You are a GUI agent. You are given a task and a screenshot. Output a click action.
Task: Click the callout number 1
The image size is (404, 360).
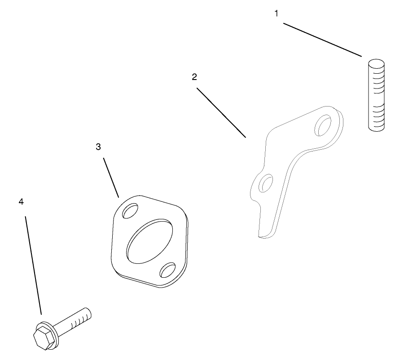(x=276, y=13)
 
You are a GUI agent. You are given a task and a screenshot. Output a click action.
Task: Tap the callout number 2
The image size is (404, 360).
(x=194, y=77)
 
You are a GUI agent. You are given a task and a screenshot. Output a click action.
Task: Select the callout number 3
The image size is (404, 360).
(x=98, y=147)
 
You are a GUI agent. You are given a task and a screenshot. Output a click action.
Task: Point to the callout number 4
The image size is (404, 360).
(x=21, y=202)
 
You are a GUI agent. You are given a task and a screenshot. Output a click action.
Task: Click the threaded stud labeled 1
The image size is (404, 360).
(x=376, y=95)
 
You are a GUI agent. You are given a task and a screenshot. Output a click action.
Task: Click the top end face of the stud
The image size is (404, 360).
(x=376, y=62)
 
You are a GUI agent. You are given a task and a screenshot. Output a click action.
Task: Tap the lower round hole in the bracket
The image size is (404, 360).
(x=266, y=183)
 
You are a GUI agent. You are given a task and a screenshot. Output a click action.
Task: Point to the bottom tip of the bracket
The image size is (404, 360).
(x=260, y=236)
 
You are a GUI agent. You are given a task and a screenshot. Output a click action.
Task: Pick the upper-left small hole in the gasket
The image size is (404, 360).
(x=130, y=211)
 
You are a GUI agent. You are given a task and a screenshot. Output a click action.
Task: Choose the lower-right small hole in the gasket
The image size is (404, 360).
(x=168, y=270)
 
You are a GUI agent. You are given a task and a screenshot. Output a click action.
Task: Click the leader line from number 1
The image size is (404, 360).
(x=322, y=40)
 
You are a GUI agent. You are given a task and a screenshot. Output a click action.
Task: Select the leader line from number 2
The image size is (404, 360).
(x=221, y=113)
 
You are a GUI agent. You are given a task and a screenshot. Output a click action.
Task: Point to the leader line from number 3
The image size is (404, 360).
(x=111, y=178)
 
